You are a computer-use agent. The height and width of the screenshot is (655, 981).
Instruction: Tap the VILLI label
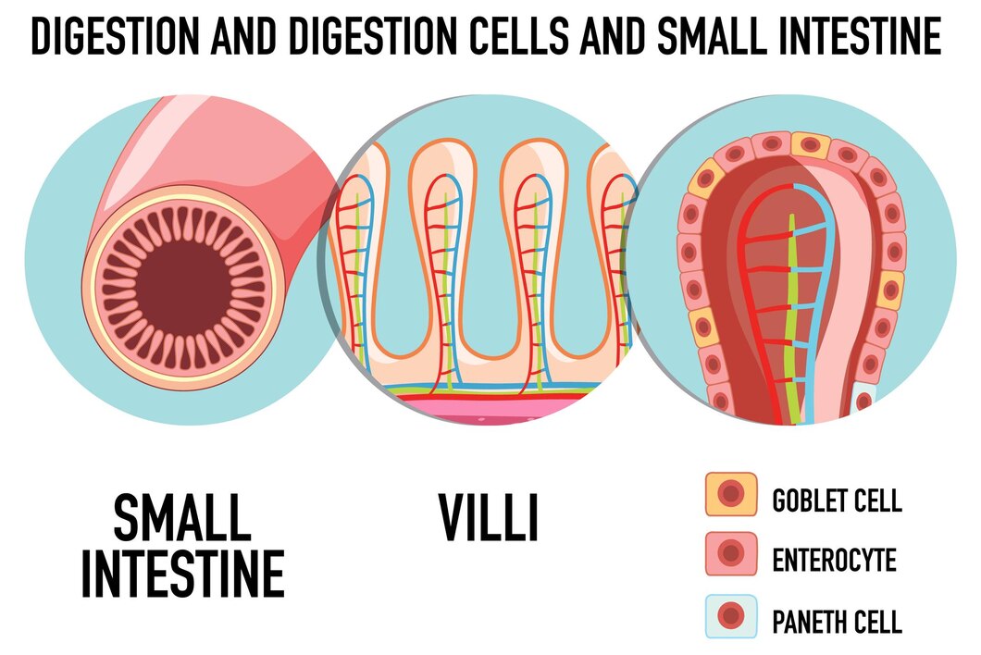[489, 517]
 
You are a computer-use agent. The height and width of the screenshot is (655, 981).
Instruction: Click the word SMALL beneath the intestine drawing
[182, 517]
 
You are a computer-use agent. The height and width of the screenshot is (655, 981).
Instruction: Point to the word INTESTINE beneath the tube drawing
[182, 574]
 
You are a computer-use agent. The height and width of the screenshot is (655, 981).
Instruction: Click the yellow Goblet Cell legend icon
[731, 494]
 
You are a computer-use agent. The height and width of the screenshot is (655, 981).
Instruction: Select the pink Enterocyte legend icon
[731, 553]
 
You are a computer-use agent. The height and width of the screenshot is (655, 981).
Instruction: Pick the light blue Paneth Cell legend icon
[731, 615]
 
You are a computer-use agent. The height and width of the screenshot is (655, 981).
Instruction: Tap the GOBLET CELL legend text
[838, 501]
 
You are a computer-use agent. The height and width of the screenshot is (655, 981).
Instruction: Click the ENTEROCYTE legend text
[834, 560]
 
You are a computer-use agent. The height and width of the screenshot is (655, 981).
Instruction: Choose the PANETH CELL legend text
[838, 622]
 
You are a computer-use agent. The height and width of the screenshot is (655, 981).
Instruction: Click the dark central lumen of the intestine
[183, 289]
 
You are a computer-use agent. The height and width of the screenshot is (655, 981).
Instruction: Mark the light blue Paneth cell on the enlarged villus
[863, 399]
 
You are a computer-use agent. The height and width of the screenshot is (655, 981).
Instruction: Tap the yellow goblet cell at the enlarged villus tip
[811, 145]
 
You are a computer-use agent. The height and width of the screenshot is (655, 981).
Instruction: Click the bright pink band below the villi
[488, 409]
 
